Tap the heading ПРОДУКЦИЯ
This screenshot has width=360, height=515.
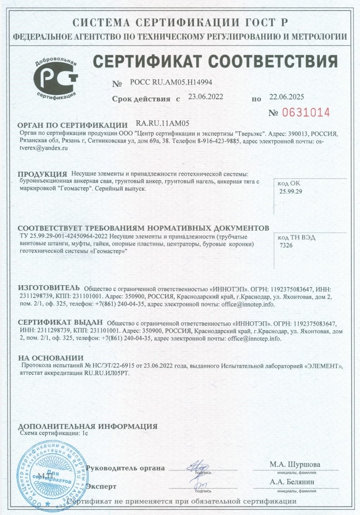[42, 174]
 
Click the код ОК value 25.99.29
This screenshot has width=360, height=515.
[291, 192]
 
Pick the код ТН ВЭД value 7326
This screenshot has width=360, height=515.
[286, 244]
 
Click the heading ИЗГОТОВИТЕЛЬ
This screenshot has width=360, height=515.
[48, 287]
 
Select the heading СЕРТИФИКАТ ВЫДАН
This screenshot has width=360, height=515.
[60, 323]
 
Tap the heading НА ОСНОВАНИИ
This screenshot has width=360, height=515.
[50, 358]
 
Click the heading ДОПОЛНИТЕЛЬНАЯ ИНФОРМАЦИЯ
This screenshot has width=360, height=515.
[88, 427]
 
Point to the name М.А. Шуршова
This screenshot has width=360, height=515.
[295, 464]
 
